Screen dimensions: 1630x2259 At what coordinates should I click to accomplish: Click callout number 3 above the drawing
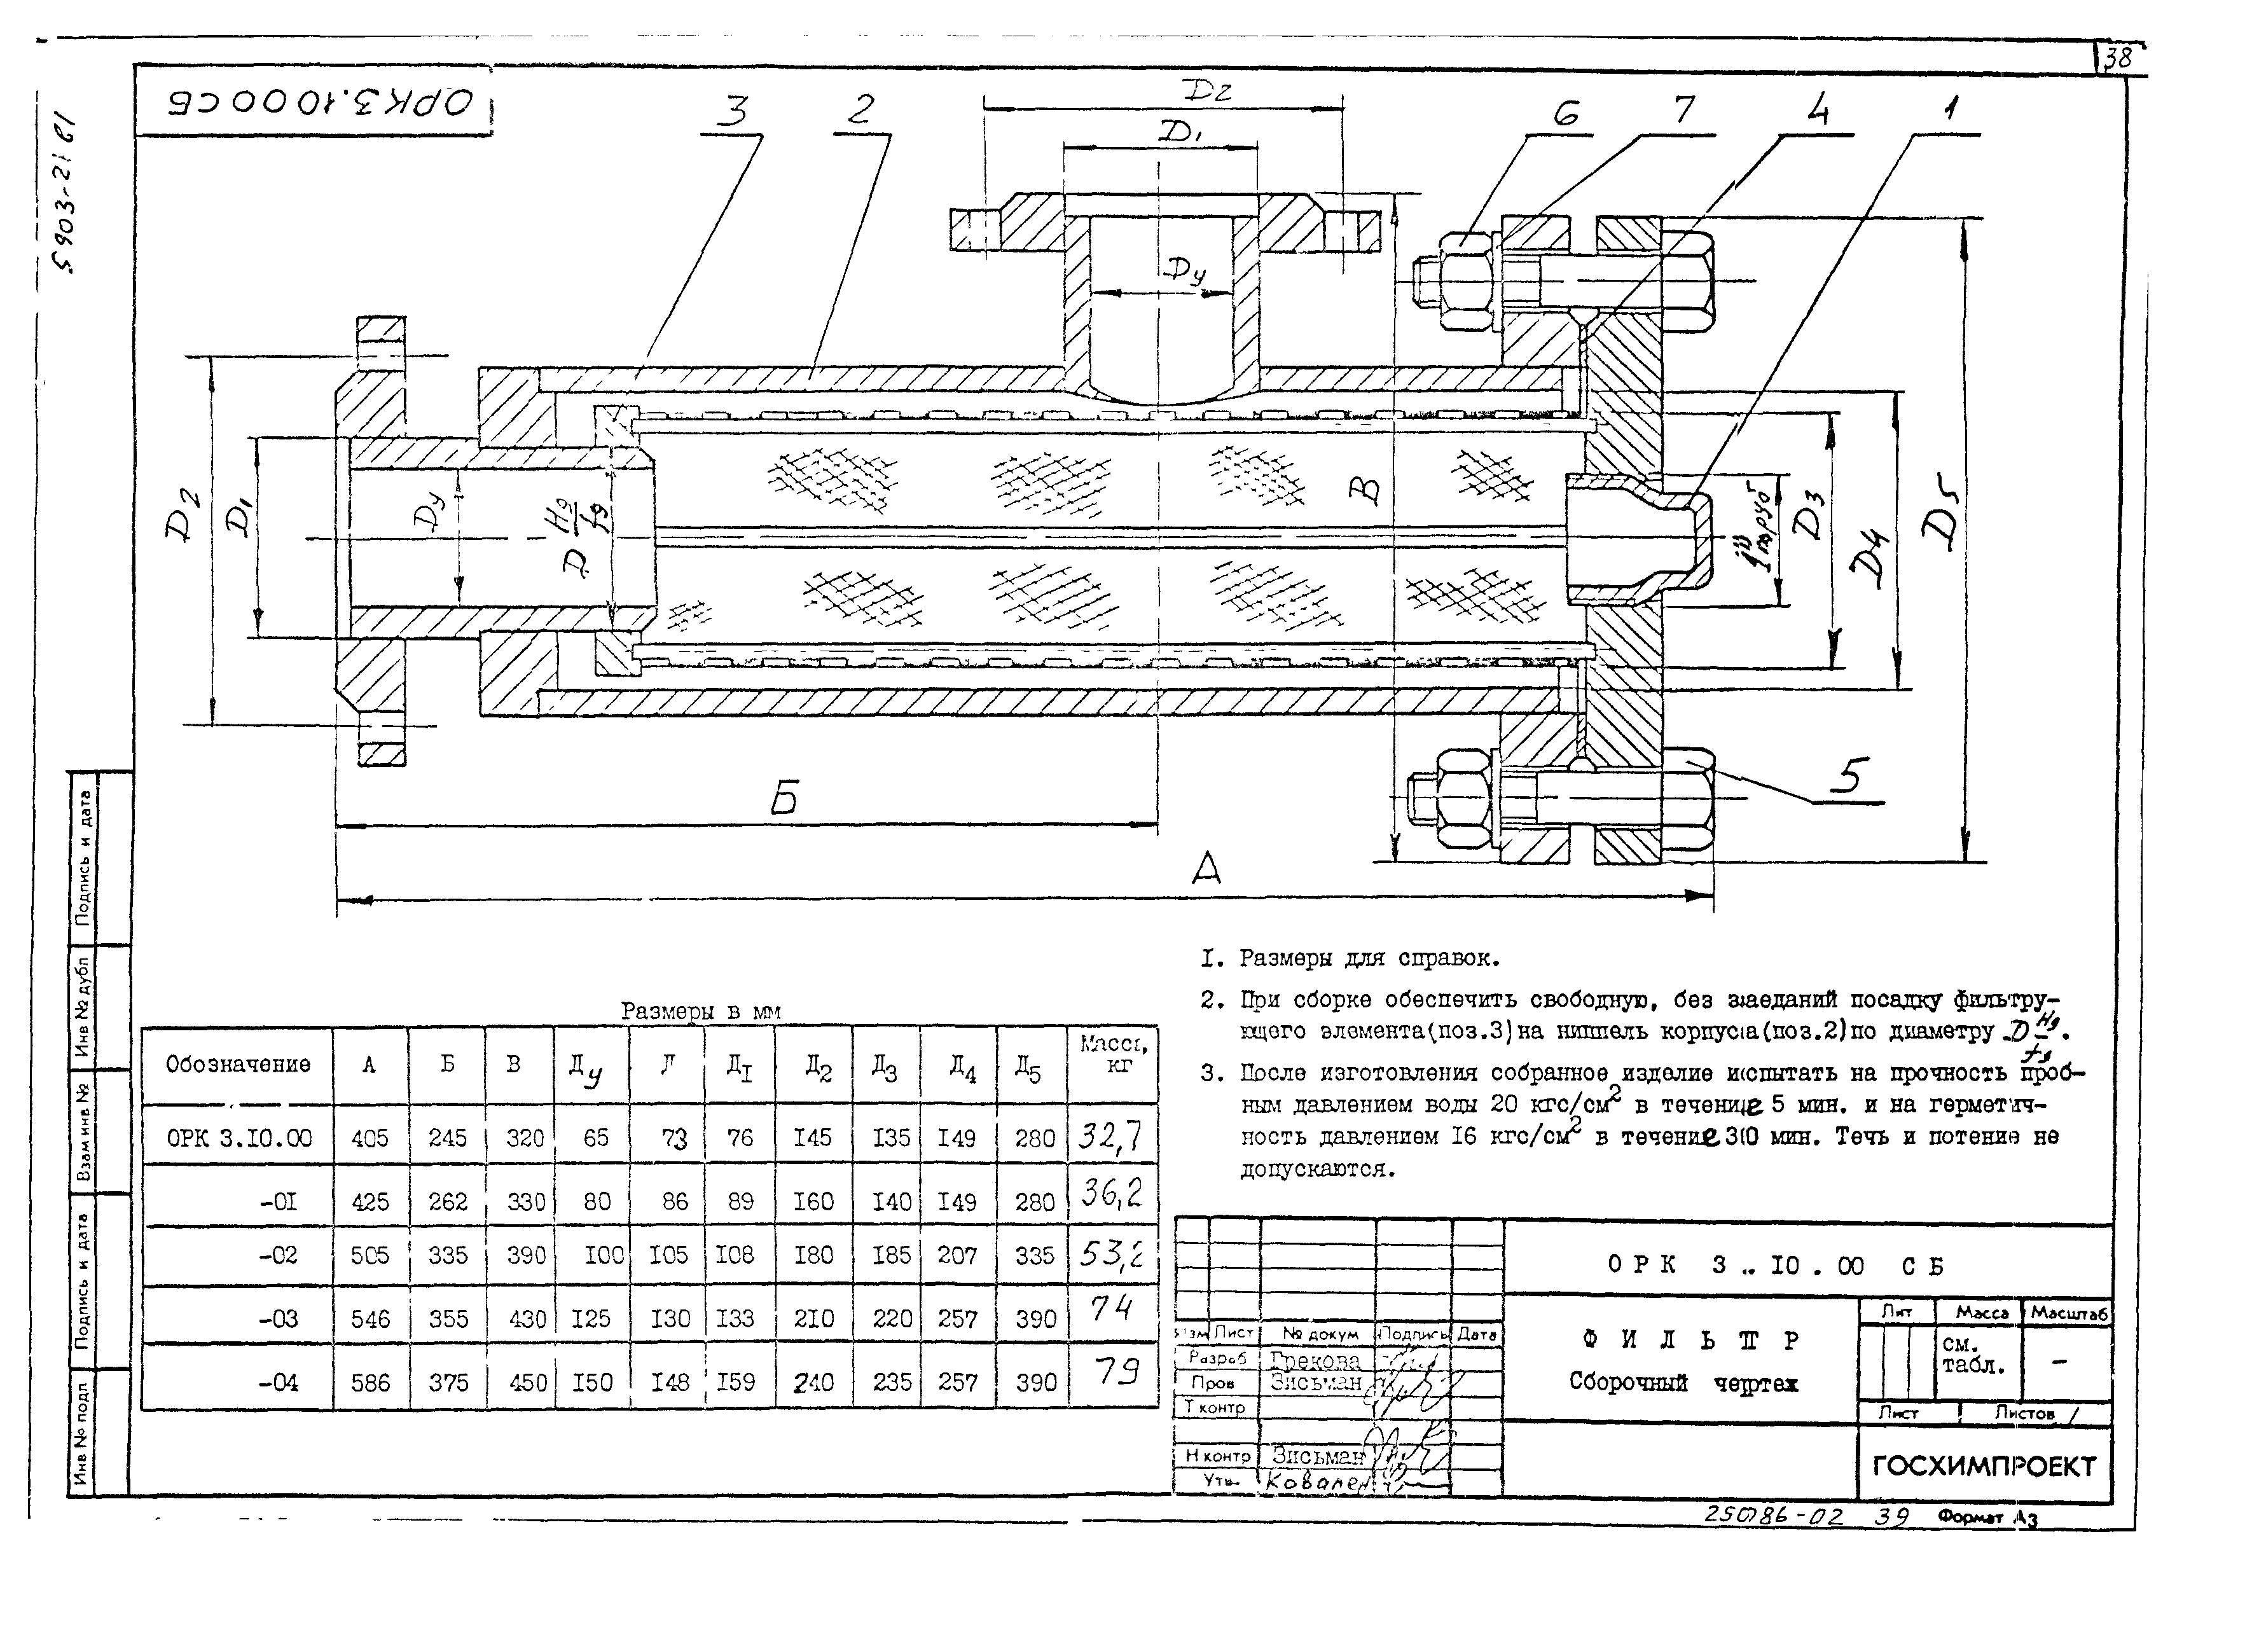[733, 111]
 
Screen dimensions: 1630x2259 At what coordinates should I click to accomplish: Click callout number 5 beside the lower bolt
[1851, 776]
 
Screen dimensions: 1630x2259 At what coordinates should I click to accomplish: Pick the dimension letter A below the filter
[1206, 868]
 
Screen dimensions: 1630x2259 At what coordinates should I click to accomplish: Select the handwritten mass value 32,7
[1110, 1135]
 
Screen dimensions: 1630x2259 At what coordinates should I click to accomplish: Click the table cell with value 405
[370, 1137]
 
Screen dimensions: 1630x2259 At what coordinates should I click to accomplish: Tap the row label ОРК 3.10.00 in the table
[239, 1137]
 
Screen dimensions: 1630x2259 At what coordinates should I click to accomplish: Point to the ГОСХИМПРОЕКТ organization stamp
[1984, 1466]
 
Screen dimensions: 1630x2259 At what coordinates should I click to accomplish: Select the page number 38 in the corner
[2118, 59]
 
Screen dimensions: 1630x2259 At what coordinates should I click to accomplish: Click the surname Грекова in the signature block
[1315, 1360]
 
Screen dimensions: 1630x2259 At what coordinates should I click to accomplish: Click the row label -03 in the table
[278, 1318]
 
